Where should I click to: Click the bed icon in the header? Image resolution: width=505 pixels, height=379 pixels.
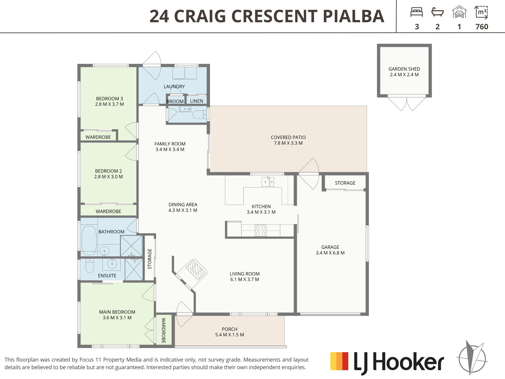click(417, 12)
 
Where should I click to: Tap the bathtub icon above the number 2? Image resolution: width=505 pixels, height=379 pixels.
click(438, 12)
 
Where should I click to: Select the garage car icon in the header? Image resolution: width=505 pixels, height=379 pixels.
click(459, 12)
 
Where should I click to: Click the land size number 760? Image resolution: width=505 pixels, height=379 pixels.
click(482, 27)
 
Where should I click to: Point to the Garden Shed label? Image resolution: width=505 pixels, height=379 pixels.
click(404, 69)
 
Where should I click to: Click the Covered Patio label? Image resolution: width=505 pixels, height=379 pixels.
click(288, 137)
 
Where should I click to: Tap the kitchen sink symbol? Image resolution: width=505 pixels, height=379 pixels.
click(268, 181)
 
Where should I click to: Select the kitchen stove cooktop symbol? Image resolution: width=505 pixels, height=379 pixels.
click(261, 230)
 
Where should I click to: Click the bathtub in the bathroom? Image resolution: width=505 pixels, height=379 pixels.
click(89, 240)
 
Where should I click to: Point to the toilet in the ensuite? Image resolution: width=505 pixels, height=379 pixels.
click(90, 266)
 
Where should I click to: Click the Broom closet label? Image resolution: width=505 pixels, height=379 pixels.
click(175, 101)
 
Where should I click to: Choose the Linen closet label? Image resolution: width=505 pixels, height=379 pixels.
click(196, 101)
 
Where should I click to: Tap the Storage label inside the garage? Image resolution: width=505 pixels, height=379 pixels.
click(345, 183)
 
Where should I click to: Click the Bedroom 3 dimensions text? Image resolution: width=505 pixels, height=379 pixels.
click(110, 104)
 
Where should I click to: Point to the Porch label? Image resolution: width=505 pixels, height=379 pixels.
click(230, 329)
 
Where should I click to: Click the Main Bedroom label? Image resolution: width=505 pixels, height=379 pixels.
click(117, 312)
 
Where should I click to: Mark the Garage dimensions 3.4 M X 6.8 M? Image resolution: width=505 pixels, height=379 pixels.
click(330, 253)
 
